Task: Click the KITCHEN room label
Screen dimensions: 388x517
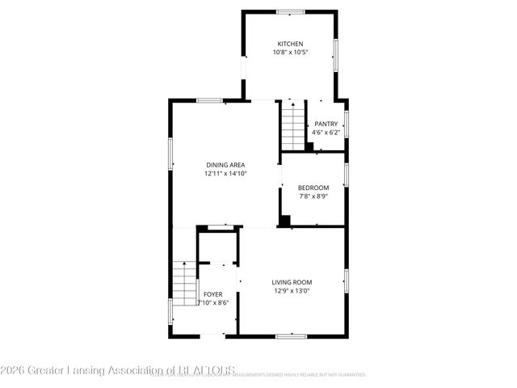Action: click(291, 44)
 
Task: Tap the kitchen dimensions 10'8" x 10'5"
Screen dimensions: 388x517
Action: click(291, 53)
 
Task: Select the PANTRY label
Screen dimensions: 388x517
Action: click(326, 124)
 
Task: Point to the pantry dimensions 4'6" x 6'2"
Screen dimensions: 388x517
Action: click(326, 133)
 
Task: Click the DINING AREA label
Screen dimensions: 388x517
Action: click(225, 164)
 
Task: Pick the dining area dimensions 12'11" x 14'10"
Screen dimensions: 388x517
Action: click(225, 173)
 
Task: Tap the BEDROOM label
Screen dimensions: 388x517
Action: click(313, 187)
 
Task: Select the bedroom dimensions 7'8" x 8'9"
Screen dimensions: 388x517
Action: click(313, 196)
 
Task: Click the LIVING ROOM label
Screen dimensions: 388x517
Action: click(292, 282)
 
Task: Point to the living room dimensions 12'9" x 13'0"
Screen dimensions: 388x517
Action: click(292, 291)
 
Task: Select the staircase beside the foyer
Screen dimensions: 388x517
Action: click(186, 284)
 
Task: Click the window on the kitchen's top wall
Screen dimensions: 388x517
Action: click(290, 11)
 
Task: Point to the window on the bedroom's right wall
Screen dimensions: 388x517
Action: click(346, 175)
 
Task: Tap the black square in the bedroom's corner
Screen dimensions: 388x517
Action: click(284, 220)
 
